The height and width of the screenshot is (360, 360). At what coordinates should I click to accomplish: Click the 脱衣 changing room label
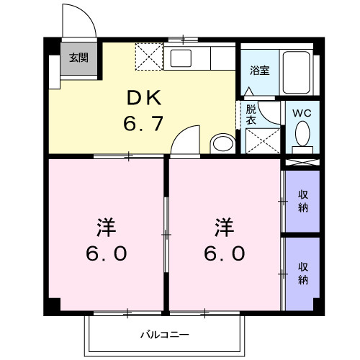(251, 114)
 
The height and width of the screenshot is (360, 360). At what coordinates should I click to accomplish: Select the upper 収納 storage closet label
(303, 202)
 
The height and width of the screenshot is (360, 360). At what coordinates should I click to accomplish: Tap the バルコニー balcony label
(164, 334)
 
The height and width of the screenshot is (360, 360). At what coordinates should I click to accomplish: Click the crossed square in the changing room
(262, 139)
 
